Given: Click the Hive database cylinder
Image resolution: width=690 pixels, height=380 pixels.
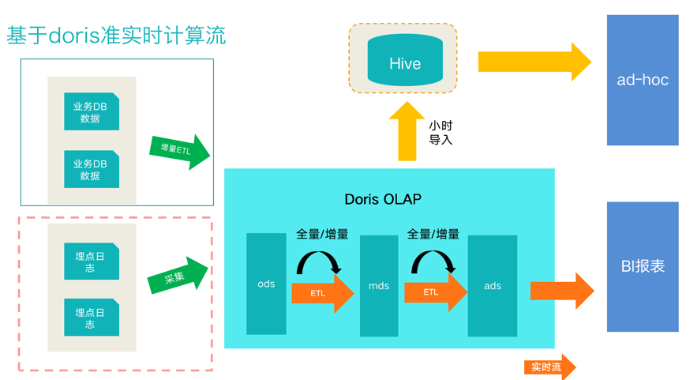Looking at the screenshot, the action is [x=405, y=60].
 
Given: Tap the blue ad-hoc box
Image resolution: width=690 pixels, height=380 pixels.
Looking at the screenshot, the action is [x=643, y=80].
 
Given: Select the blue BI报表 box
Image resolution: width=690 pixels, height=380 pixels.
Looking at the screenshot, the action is [x=643, y=266].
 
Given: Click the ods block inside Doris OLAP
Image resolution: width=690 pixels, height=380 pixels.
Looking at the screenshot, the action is [x=266, y=284].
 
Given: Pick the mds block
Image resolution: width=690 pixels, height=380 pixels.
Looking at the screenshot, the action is [x=379, y=286].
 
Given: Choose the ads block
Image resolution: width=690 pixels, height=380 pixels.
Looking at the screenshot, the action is [x=493, y=286].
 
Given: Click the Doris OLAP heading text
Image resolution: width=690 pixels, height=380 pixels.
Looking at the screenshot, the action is [x=383, y=199].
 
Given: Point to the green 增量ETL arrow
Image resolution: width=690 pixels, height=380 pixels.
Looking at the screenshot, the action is [x=179, y=152].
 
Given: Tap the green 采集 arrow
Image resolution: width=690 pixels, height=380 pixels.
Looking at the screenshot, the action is [x=178, y=275].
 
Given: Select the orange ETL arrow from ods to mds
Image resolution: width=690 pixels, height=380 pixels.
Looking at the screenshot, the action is [x=323, y=293].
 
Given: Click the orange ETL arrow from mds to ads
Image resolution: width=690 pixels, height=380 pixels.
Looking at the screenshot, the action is [x=436, y=292].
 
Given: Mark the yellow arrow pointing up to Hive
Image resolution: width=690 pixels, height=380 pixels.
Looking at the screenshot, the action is [x=407, y=131].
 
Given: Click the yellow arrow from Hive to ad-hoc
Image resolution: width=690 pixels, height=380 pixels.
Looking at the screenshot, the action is [x=534, y=62].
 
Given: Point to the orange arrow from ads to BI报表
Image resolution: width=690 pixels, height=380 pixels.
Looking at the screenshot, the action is [x=562, y=291].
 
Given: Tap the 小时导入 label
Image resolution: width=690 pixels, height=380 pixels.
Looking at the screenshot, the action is [x=441, y=133].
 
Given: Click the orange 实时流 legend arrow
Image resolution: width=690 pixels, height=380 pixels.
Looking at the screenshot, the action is [x=549, y=367].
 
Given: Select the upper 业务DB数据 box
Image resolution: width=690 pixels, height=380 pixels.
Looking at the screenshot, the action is [x=92, y=111].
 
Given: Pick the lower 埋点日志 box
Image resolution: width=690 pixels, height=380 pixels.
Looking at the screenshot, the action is [x=92, y=318].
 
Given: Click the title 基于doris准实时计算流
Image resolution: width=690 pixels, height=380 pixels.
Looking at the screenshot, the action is [x=116, y=36].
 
